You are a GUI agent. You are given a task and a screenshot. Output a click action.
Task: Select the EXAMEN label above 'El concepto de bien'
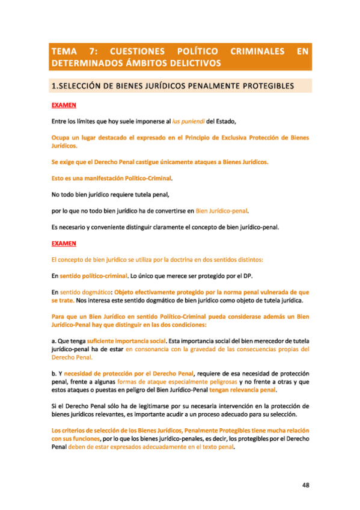tap(64, 244)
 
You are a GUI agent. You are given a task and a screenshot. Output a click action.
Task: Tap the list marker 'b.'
tap(54, 373)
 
